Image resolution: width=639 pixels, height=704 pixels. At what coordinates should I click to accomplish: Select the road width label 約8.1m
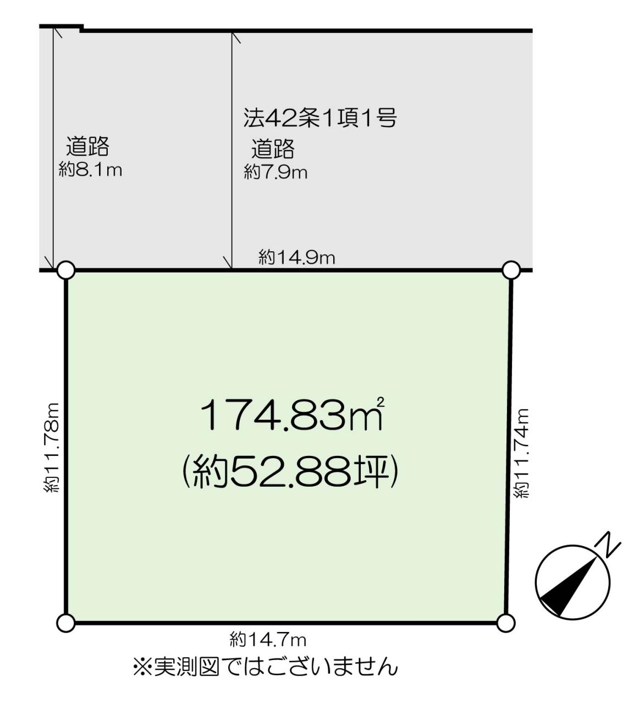(90, 170)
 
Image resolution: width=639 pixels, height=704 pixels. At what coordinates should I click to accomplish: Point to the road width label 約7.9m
(276, 172)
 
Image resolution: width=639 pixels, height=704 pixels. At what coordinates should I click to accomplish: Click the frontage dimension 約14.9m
(297, 258)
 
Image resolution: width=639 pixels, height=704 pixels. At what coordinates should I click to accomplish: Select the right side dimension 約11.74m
(522, 453)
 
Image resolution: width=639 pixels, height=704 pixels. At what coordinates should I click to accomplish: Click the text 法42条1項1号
(320, 118)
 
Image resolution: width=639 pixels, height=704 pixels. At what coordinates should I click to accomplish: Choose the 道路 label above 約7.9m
(273, 149)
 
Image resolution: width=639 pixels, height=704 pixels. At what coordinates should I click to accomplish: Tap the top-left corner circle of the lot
(66, 270)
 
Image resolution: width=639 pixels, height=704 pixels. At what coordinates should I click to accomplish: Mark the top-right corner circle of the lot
(511, 270)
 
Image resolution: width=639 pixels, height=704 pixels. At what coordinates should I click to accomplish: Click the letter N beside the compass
(608, 546)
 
